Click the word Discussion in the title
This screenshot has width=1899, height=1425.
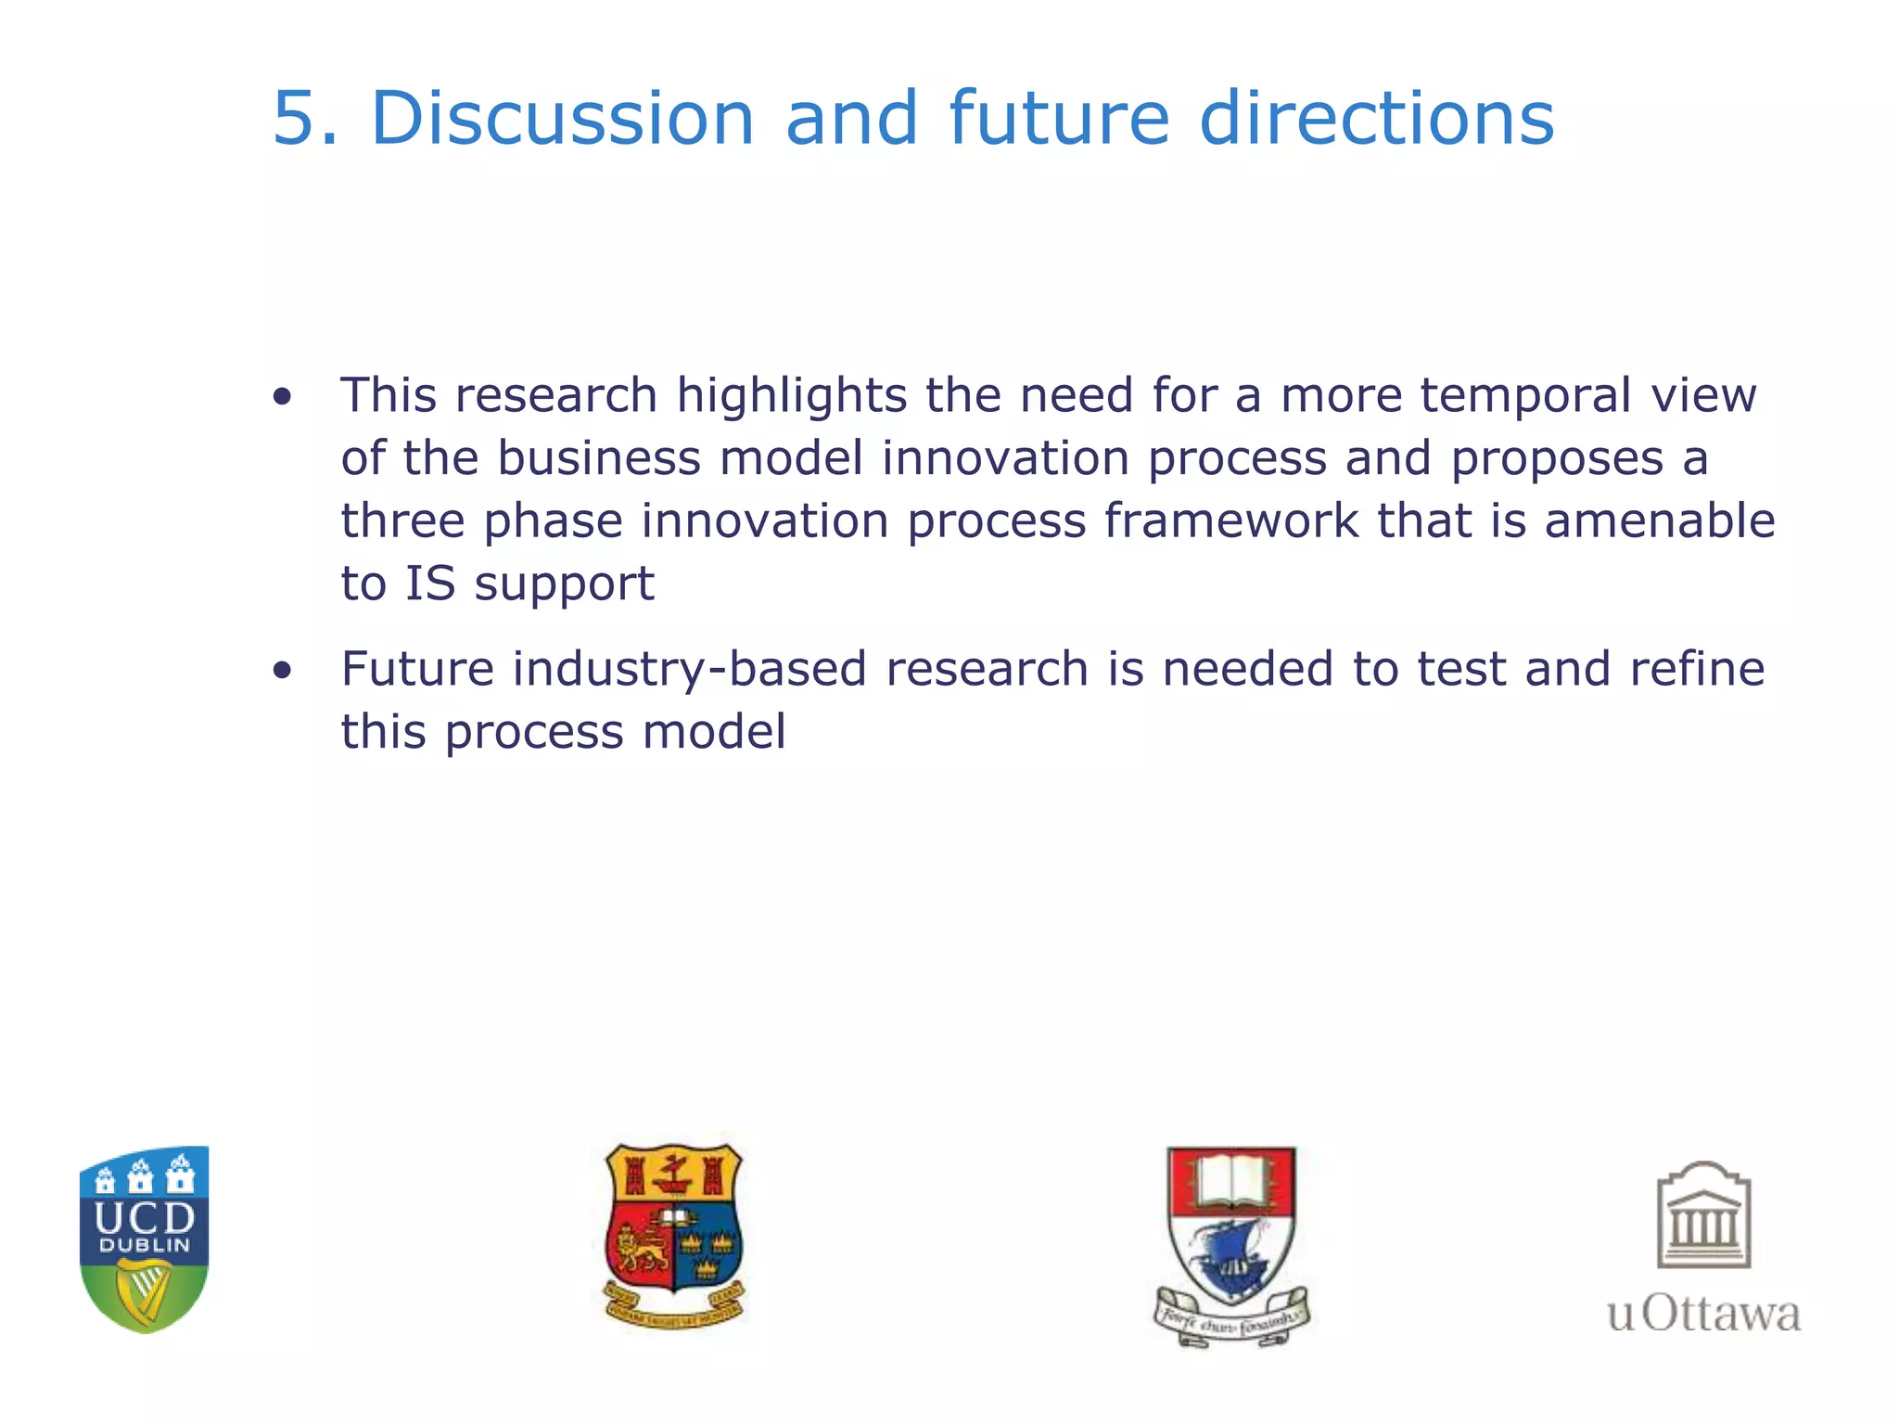click(x=562, y=119)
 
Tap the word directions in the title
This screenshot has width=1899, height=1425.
click(x=1376, y=119)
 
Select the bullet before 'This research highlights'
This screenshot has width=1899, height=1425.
click(x=283, y=398)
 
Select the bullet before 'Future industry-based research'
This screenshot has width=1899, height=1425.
click(x=283, y=671)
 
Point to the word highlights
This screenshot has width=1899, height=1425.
click(x=791, y=396)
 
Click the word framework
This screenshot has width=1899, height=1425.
click(x=1230, y=520)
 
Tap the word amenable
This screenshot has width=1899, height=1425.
click(x=1659, y=520)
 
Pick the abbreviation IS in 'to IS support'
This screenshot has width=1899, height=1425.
click(x=430, y=584)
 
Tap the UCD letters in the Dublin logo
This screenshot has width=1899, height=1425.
click(x=145, y=1216)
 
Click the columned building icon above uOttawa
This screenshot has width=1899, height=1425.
click(x=1703, y=1215)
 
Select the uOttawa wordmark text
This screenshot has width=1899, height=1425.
click(x=1703, y=1315)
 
